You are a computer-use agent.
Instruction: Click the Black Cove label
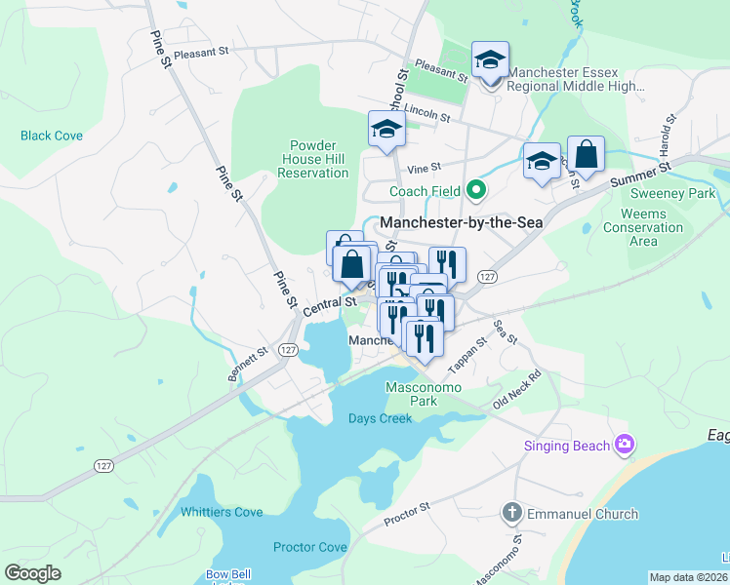[52, 136]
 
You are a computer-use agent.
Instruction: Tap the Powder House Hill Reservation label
[313, 158]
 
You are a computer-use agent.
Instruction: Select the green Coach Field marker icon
[475, 190]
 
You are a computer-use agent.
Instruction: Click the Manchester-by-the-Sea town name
[461, 222]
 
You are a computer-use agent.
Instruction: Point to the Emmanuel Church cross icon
[511, 513]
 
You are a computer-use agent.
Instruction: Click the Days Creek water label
[381, 418]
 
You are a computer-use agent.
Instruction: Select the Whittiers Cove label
[222, 512]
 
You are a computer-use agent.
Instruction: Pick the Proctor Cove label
[309, 547]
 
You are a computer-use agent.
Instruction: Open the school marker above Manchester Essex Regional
[490, 60]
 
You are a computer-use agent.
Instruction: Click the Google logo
[32, 573]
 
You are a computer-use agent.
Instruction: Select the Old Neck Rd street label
[517, 389]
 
